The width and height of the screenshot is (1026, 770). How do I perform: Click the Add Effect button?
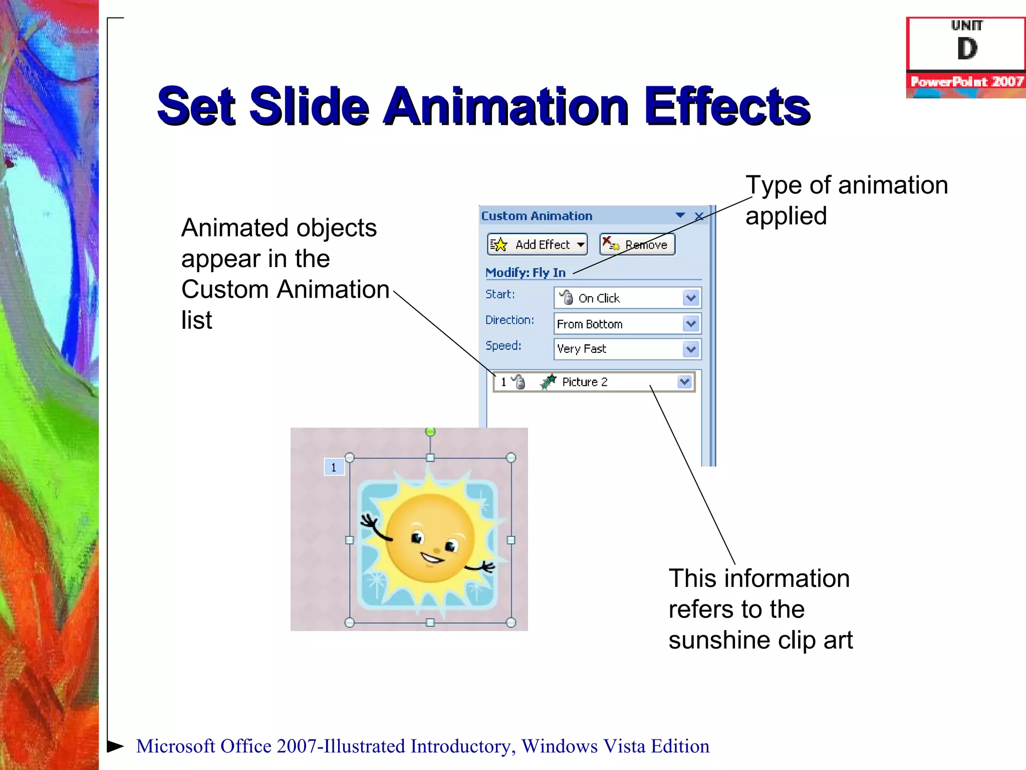(x=537, y=245)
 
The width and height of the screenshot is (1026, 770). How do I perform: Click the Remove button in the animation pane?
(x=637, y=245)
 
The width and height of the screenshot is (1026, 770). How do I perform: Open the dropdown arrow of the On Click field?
(x=691, y=298)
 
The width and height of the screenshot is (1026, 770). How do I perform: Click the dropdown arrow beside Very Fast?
(x=691, y=349)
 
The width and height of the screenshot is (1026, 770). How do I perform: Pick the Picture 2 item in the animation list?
(x=585, y=382)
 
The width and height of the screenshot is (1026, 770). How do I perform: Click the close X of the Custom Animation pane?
(x=699, y=216)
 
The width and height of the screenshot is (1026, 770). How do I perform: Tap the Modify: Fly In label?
(x=526, y=273)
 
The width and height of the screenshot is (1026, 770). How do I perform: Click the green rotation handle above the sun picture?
(x=430, y=432)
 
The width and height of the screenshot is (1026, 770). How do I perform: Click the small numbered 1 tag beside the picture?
(x=334, y=467)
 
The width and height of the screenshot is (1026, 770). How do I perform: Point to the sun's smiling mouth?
(x=431, y=557)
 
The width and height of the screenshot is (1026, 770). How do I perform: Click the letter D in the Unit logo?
(x=967, y=49)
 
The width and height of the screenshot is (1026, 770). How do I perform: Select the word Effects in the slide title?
(x=727, y=106)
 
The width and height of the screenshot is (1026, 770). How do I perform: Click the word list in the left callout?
(x=196, y=320)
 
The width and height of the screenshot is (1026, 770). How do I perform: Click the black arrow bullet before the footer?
(x=115, y=746)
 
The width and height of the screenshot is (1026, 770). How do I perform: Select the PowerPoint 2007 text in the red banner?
(x=966, y=82)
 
